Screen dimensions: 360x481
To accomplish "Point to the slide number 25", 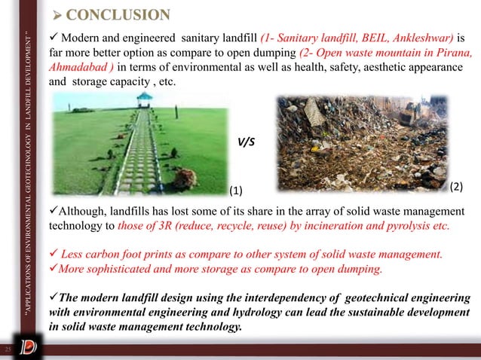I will point(9,350).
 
